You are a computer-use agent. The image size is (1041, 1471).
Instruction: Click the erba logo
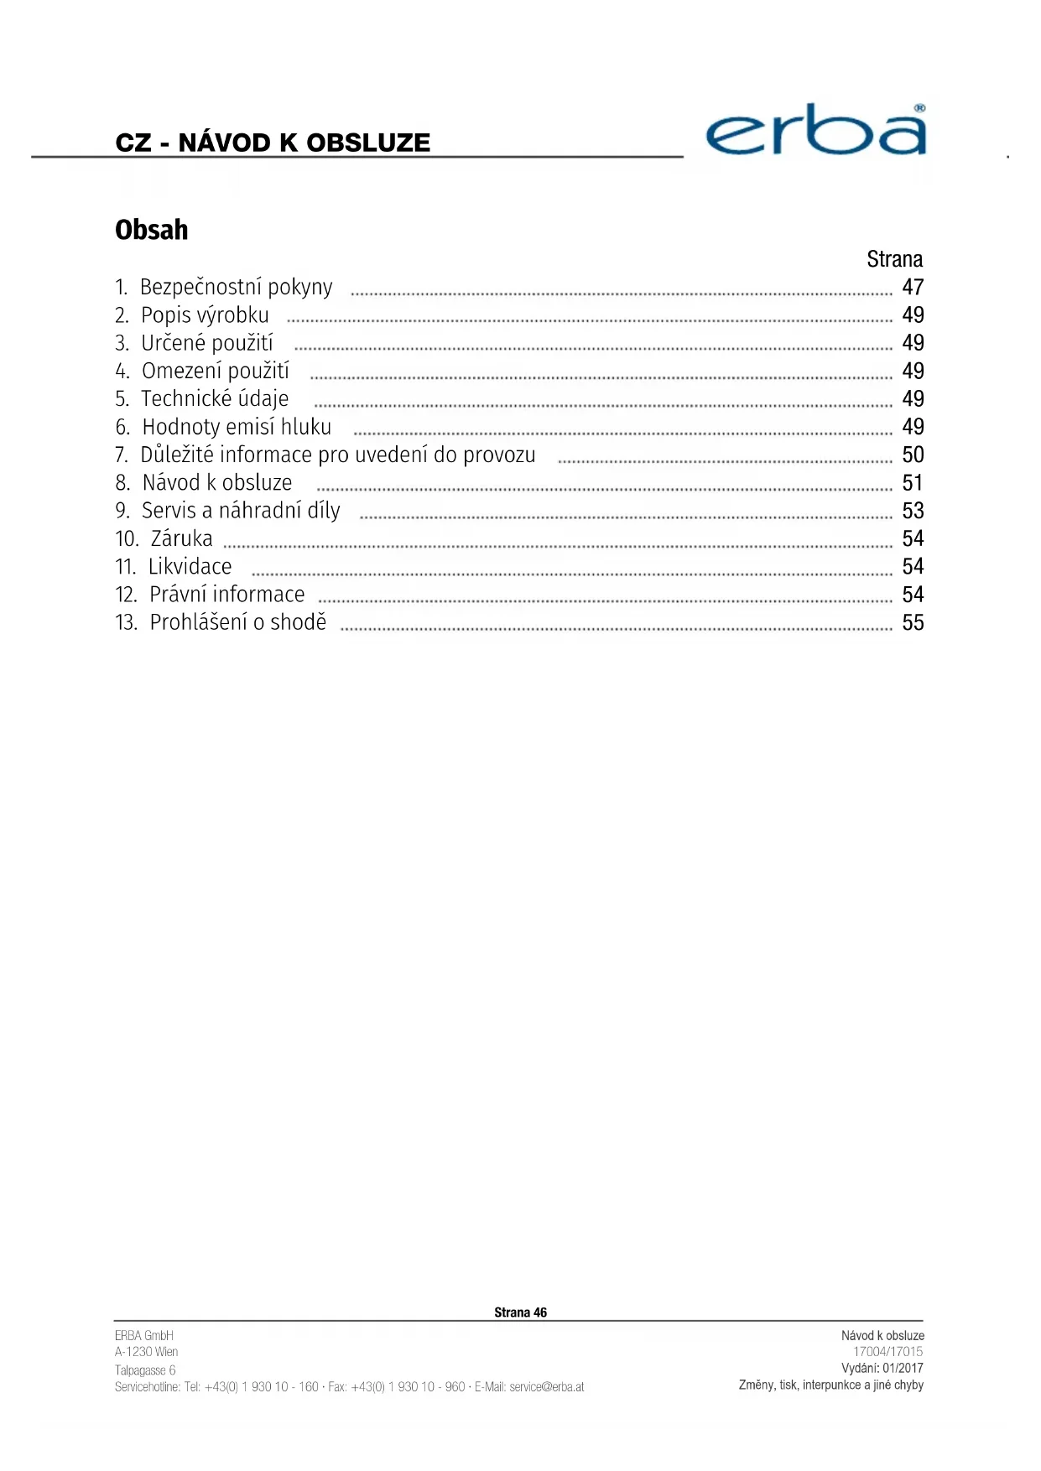(815, 131)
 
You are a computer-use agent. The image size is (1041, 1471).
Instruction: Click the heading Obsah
(152, 230)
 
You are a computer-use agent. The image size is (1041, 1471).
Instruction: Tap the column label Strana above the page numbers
(894, 259)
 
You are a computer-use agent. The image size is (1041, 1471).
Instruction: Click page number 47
(913, 288)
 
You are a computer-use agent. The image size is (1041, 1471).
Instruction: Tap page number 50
(913, 455)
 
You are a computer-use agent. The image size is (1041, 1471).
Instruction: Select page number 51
(913, 483)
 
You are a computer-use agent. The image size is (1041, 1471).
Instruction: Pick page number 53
(913, 511)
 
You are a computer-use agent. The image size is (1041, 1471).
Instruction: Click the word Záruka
(182, 538)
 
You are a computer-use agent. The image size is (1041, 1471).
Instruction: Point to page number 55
(913, 623)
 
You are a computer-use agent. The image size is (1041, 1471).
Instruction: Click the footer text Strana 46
(520, 1312)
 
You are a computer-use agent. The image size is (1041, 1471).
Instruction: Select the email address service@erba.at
(547, 1387)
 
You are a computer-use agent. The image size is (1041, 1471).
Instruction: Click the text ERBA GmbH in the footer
(144, 1336)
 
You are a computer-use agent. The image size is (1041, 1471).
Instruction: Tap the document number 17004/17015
(887, 1352)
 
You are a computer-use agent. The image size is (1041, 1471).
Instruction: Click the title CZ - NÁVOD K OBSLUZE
(273, 143)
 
